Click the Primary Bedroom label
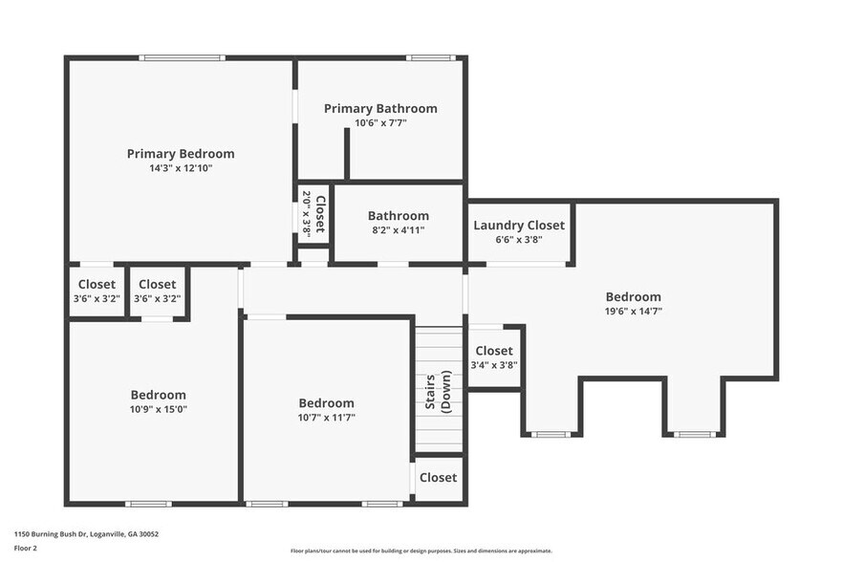[x=181, y=154]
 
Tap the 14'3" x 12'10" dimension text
[x=181, y=168]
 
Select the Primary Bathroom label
[x=380, y=109]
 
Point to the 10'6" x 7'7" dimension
[x=380, y=123]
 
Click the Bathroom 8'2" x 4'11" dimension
[x=399, y=230]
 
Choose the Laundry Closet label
[x=519, y=226]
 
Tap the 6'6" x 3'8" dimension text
[x=519, y=240]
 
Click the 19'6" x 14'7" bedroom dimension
[x=633, y=311]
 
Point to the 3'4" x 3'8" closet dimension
[x=494, y=365]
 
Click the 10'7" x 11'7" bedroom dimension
[x=326, y=418]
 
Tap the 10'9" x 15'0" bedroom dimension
[x=159, y=409]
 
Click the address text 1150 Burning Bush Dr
[x=86, y=534]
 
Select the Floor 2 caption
[x=26, y=549]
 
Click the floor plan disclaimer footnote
[x=421, y=551]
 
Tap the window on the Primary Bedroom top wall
[x=182, y=58]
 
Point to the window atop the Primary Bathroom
[x=429, y=58]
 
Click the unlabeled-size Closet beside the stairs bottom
[x=438, y=478]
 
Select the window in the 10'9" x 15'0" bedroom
[x=148, y=504]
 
